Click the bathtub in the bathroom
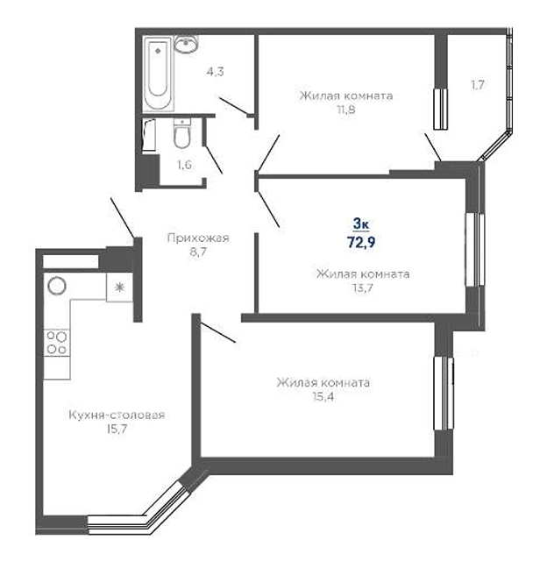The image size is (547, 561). (x=158, y=74)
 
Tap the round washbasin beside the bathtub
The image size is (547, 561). (x=186, y=45)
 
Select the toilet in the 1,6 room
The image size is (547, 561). (x=182, y=133)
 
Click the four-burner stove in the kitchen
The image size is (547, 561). (x=57, y=343)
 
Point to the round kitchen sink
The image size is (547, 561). (x=57, y=287)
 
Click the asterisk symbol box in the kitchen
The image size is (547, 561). (x=119, y=288)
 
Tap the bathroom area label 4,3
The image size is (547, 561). (x=215, y=72)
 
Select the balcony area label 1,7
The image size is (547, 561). (x=478, y=85)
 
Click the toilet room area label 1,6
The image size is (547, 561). (x=184, y=165)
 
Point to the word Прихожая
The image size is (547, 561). (x=198, y=238)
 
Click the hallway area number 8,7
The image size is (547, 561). (x=198, y=252)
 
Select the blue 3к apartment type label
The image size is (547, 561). (x=361, y=224)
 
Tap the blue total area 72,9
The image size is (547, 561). (x=361, y=242)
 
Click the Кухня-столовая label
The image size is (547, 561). (x=117, y=415)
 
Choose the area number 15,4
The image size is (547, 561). (x=323, y=397)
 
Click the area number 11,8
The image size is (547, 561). (x=346, y=110)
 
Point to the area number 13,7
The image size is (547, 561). (x=363, y=288)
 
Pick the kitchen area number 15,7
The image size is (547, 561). (x=117, y=429)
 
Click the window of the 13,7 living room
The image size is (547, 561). (x=475, y=250)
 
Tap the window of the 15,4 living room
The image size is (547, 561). (x=444, y=394)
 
